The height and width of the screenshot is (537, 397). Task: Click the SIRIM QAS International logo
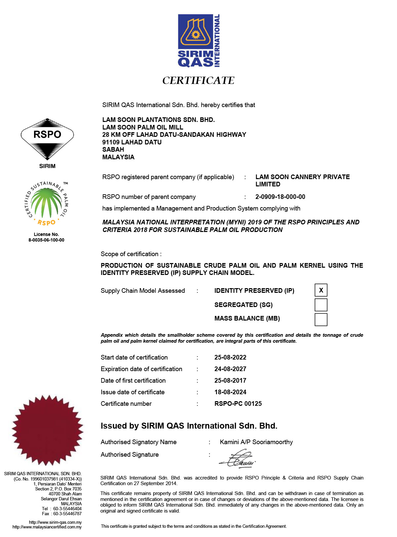pyautogui.click(x=198, y=41)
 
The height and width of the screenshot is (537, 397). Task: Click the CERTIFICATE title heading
pyautogui.click(x=198, y=80)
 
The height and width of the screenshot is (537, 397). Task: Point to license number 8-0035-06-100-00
pyautogui.click(x=46, y=240)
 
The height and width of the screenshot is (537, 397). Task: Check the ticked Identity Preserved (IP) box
pyautogui.click(x=321, y=290)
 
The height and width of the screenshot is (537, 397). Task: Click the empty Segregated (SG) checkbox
pyautogui.click(x=321, y=305)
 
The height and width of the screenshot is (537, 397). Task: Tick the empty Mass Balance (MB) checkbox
pyautogui.click(x=321, y=319)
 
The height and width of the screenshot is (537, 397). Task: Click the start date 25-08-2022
pyautogui.click(x=230, y=357)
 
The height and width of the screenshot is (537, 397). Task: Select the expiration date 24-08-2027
pyautogui.click(x=230, y=369)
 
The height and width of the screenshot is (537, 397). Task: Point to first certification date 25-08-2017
pyautogui.click(x=230, y=380)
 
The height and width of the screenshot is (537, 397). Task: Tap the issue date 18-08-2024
pyautogui.click(x=230, y=392)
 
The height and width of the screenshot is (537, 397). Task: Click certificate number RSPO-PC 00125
pyautogui.click(x=238, y=403)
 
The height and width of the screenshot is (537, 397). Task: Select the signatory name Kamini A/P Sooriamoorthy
pyautogui.click(x=256, y=442)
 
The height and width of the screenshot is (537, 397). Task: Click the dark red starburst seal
pyautogui.click(x=47, y=430)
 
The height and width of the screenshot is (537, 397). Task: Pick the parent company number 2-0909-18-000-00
pyautogui.click(x=280, y=197)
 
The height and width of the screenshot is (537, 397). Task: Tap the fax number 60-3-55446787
pyautogui.click(x=67, y=514)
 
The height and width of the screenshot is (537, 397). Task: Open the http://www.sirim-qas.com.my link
pyautogui.click(x=55, y=522)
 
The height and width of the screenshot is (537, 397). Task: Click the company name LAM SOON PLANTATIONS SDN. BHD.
pyautogui.click(x=158, y=120)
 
